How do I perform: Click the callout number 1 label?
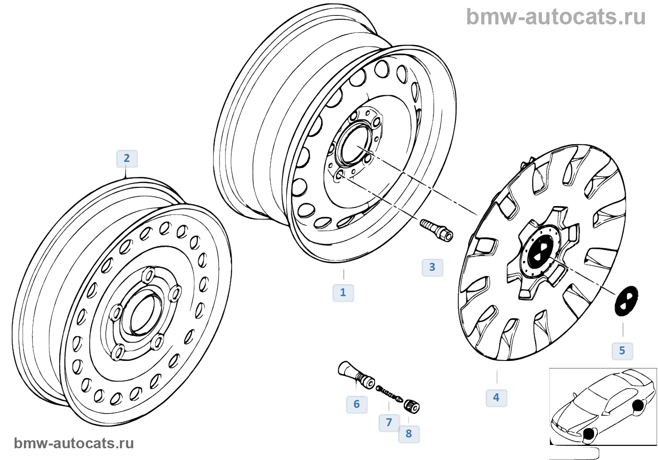point(343,292)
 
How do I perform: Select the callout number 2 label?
point(126,158)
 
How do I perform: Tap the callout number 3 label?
point(432,267)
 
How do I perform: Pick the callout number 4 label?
point(496,398)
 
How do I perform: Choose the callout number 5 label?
point(622,351)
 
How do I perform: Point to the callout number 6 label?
point(357,404)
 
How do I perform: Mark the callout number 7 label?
point(389,422)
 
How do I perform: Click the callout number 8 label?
point(409,434)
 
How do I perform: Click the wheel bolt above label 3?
point(437,230)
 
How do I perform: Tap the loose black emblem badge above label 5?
point(626,300)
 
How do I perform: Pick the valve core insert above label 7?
point(389,393)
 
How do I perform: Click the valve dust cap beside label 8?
point(412,406)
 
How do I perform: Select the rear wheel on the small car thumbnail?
point(638,406)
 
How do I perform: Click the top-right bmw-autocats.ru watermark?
point(556,17)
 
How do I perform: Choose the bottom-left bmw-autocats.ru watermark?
point(74,443)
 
